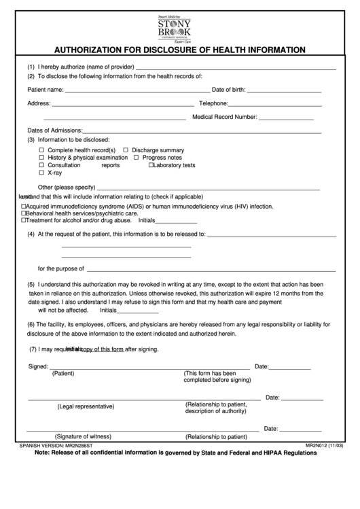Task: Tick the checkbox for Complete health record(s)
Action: tap(41, 150)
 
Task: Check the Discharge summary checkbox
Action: tap(126, 150)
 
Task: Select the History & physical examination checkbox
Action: tap(41, 158)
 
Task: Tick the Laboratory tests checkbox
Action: tap(151, 165)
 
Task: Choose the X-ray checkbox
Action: tap(41, 173)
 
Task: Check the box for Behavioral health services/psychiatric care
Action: tap(24, 213)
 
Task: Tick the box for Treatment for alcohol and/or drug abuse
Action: tap(24, 221)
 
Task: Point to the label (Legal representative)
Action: tap(86, 406)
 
